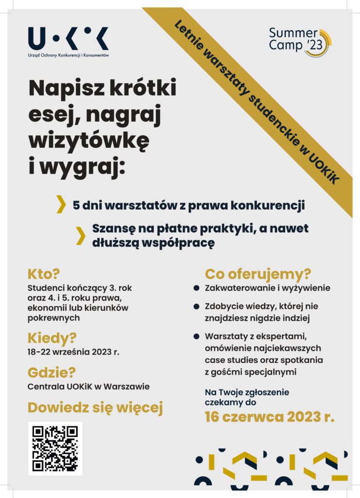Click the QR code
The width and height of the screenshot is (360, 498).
coord(55,448)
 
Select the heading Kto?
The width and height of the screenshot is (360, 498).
coord(43,274)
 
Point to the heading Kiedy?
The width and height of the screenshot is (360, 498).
coord(52,337)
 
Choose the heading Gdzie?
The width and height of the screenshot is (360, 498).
coord(52,373)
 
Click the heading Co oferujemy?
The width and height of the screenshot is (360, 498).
coord(258,274)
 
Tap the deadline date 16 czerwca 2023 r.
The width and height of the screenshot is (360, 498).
coord(270,417)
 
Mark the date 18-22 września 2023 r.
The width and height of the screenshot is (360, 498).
coord(73,352)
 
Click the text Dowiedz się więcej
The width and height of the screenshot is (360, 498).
coord(95,408)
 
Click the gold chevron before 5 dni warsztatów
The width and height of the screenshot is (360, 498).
coord(61,204)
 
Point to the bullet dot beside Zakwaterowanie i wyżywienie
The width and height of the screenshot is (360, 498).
coord(197,288)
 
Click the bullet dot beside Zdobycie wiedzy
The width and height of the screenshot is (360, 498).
coord(197,307)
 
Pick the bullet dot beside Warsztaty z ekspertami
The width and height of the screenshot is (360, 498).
coord(197,336)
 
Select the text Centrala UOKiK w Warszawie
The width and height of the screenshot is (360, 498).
coord(88,387)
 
